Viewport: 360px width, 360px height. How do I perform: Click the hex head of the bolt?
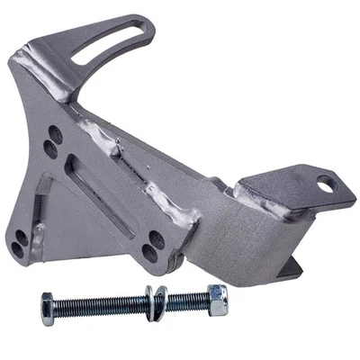[49, 309]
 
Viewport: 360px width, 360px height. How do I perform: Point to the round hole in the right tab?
[325, 186]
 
